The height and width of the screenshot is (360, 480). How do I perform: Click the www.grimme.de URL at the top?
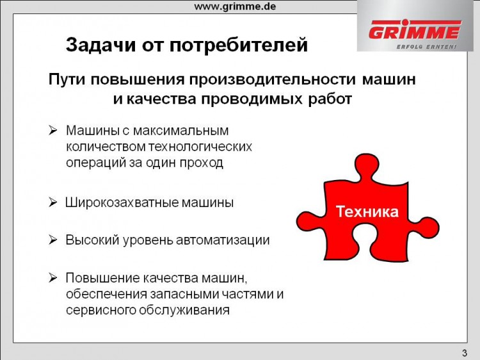coord(235,6)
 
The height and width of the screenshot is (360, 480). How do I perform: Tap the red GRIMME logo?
coord(415,29)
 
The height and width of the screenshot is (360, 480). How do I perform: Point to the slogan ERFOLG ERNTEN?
coord(426,47)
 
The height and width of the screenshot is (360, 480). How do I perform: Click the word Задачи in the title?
coord(100,45)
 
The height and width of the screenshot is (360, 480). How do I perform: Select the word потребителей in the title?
coord(239,45)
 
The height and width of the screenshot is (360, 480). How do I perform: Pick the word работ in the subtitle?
coord(330,99)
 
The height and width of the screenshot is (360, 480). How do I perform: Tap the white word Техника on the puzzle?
coord(367,211)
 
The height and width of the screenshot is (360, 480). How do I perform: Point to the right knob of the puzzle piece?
coord(427,229)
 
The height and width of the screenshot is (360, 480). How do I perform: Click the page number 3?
coord(465,353)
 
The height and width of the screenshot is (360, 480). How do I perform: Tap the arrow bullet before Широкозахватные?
coord(52,202)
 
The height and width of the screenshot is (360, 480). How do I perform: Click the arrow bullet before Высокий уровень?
coord(52,240)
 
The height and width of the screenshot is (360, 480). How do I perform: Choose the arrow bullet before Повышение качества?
coord(52,278)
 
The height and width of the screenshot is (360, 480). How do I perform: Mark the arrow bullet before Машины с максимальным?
coord(52,131)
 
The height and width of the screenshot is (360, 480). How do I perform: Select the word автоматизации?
coord(223,240)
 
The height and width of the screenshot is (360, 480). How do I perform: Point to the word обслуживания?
coord(184,310)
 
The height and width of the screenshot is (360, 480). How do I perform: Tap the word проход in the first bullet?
coord(201,163)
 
